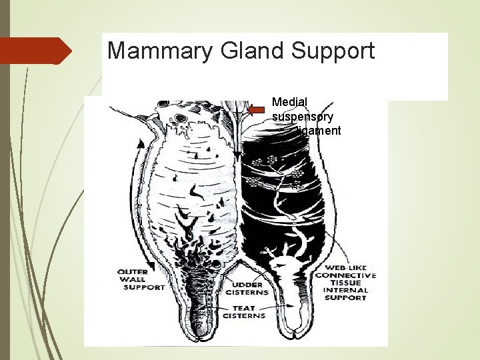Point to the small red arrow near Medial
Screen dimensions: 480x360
(x=257, y=110)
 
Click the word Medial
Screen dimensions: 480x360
(x=289, y=103)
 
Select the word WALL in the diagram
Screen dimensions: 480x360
(x=131, y=280)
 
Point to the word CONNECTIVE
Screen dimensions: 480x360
(x=345, y=275)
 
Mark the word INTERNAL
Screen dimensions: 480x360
(x=346, y=291)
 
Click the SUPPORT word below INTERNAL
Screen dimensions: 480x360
(x=346, y=298)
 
